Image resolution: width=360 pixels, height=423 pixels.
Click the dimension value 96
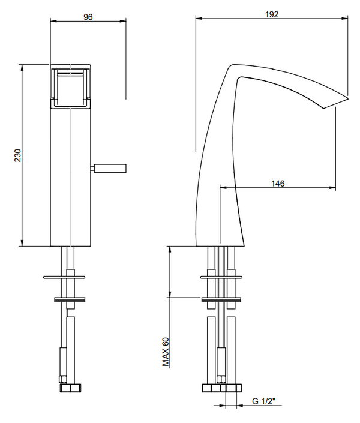[88, 17]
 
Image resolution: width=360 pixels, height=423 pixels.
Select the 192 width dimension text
[272, 14]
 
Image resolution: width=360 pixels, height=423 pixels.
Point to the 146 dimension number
[277, 184]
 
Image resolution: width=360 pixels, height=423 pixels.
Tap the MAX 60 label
[166, 351]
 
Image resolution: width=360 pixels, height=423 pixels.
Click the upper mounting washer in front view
[70, 277]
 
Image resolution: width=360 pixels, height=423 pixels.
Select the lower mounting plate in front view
[70, 299]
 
